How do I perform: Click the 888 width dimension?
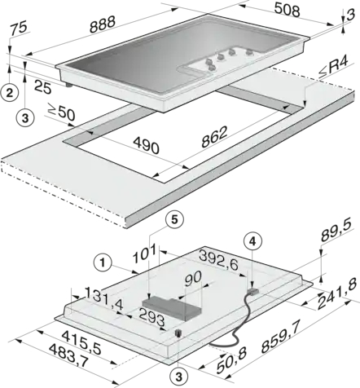pos(103,24)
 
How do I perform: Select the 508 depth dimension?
pos(287,11)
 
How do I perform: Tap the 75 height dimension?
pos(19,29)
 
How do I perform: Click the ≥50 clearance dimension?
pos(61,112)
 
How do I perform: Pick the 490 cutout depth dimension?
pos(146,145)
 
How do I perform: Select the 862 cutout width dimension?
pos(214,137)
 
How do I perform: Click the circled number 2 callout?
pos(10,93)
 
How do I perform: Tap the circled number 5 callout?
pos(174,219)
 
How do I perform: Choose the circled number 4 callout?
pos(252,242)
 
